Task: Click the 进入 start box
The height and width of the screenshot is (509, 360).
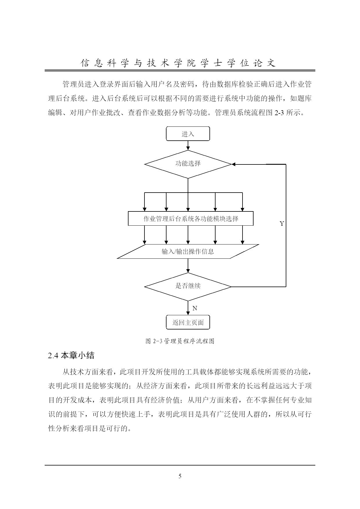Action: click(x=188, y=134)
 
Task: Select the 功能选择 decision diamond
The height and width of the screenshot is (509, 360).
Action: click(x=188, y=164)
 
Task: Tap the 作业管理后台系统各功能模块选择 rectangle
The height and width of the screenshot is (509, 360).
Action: click(x=191, y=218)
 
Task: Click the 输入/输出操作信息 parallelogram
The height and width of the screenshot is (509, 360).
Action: click(x=188, y=251)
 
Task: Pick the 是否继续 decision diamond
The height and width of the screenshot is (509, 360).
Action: click(x=188, y=287)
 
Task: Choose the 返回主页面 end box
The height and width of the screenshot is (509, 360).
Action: click(x=188, y=322)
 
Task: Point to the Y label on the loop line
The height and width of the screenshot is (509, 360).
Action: click(x=282, y=224)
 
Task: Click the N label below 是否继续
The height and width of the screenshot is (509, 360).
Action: click(x=195, y=308)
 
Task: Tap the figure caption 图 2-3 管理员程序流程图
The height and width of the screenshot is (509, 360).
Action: click(x=180, y=341)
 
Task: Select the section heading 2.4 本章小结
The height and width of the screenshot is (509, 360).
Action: click(x=71, y=356)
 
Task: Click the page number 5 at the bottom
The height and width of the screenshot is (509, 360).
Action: click(x=180, y=476)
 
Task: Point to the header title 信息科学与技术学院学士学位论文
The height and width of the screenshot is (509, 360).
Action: click(x=178, y=63)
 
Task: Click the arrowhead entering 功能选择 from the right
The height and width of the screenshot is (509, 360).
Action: click(x=234, y=164)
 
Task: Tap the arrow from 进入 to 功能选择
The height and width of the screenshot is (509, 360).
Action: click(x=188, y=145)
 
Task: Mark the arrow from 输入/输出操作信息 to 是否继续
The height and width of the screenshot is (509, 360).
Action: click(x=188, y=265)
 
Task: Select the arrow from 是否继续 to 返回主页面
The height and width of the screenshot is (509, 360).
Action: click(x=188, y=308)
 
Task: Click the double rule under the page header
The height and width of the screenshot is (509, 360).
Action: click(x=180, y=70)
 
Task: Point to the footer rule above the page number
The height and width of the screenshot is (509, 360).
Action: click(x=180, y=465)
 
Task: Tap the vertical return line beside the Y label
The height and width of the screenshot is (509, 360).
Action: click(x=286, y=225)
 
